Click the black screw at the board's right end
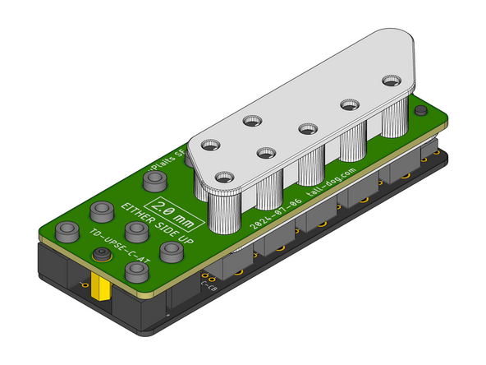(420, 111)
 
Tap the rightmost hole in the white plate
(389, 81)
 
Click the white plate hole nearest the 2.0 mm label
(222, 175)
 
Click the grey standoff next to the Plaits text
(153, 178)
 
